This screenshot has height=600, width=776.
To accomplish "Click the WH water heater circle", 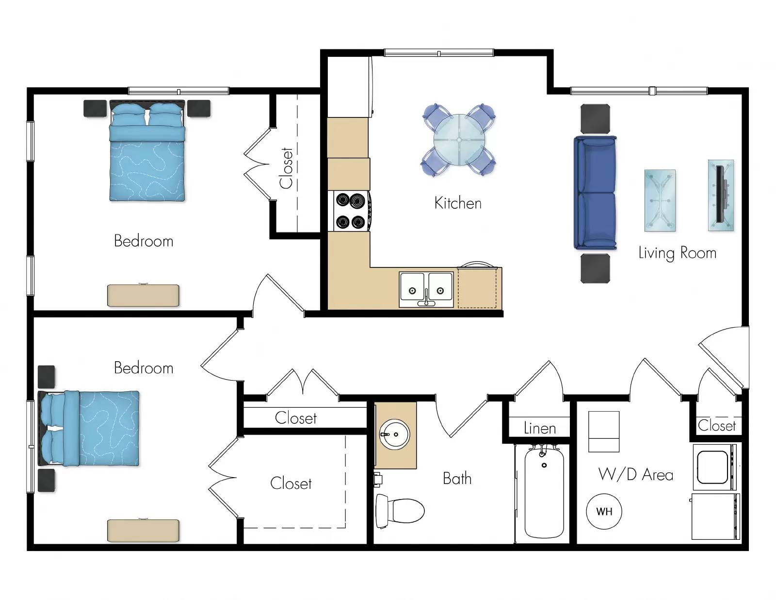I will [604, 511].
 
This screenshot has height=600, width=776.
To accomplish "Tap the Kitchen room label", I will [458, 203].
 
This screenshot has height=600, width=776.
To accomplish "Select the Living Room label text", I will [677, 253].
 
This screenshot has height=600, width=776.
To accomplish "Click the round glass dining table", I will [459, 140].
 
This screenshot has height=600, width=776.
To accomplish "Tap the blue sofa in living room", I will [595, 193].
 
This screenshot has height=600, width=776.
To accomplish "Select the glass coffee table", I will [660, 200].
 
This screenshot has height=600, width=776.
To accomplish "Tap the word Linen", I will [540, 428].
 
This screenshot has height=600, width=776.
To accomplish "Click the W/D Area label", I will [636, 474].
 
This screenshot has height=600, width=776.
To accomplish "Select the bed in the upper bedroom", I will [147, 151].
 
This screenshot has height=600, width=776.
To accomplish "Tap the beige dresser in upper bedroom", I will [143, 295].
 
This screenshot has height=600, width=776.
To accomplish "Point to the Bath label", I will [457, 479].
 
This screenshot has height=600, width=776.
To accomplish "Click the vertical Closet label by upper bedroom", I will [287, 168].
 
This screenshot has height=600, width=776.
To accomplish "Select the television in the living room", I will [721, 195].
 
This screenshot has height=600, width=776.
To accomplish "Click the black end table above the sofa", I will [595, 119].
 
